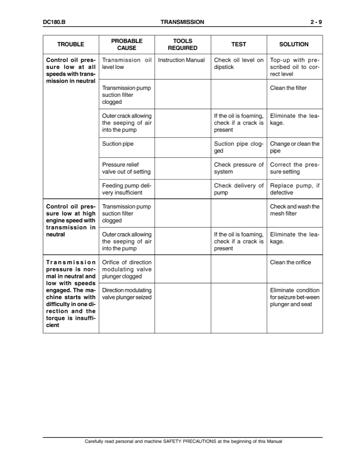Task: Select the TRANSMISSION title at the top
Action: pos(182,22)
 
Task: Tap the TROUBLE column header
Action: pos(71,44)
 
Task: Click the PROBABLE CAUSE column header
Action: pos(127,44)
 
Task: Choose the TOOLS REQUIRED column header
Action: pos(182,44)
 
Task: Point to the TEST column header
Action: pos(239,44)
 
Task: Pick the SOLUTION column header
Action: pos(294,44)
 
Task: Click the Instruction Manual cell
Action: pos(182,60)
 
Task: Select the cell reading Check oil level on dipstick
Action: pos(239,64)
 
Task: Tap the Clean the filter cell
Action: pos(288,88)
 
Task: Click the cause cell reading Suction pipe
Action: pos(118,144)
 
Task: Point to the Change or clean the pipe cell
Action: pos(295,147)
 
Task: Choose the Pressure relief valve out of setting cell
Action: pos(126,168)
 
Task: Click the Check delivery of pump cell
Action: pos(239,189)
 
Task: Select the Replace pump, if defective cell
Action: pos(295,189)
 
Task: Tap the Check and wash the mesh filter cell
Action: pos(295,210)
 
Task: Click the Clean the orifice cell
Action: pos(291,262)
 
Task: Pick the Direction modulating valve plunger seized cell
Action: pos(127,293)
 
